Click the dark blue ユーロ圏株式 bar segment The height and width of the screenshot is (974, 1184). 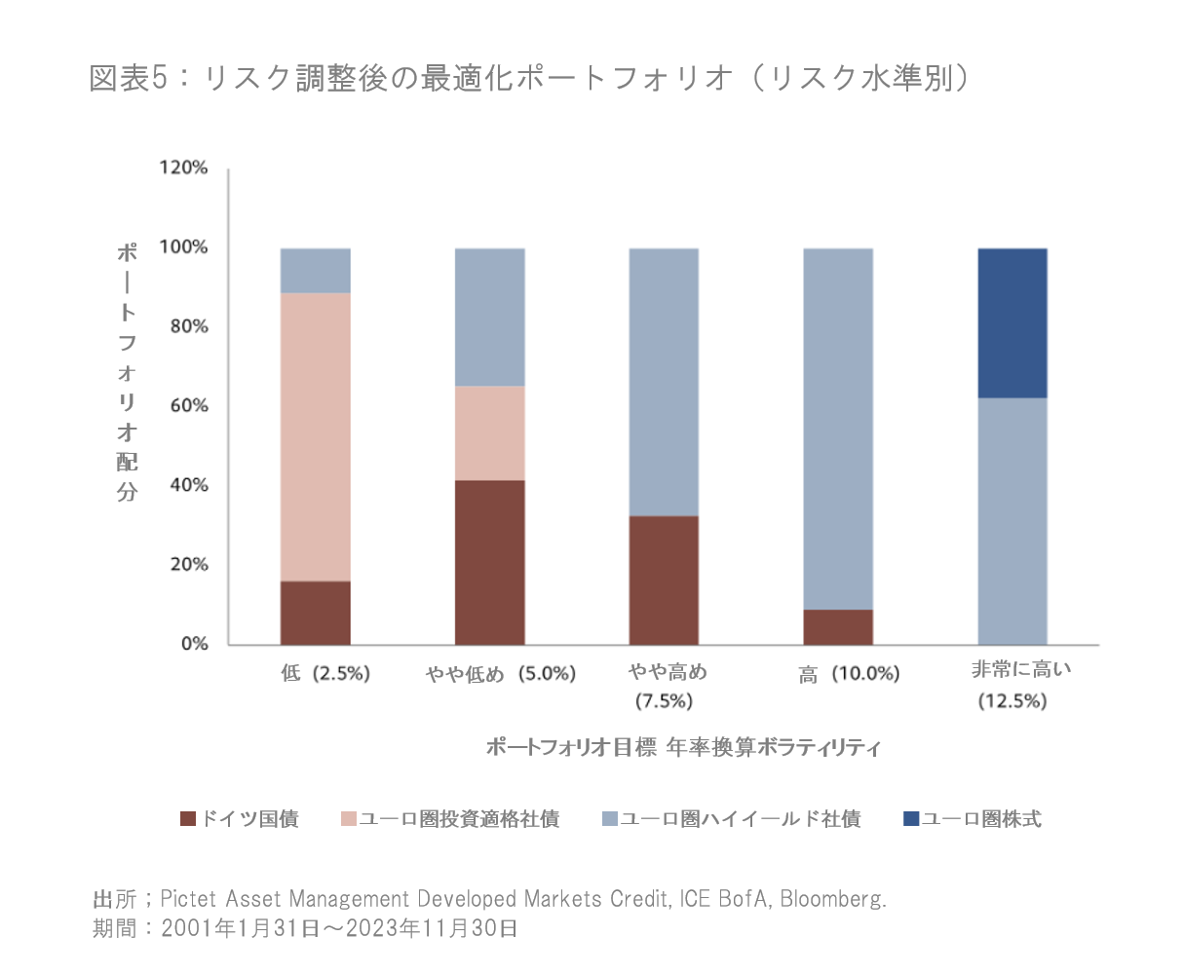coord(1012,322)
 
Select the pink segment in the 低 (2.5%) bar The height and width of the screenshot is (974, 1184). coord(315,436)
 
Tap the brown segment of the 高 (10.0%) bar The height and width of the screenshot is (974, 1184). coord(838,627)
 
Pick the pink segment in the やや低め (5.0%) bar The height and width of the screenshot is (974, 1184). coord(489,432)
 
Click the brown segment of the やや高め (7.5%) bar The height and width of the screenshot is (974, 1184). coord(664,580)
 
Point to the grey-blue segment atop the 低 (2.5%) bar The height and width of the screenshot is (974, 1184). coord(315,270)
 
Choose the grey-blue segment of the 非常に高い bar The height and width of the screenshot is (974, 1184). coord(1012,521)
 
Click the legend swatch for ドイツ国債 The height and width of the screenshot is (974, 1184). coord(188,819)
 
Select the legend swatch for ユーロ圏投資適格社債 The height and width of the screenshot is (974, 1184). coord(349,819)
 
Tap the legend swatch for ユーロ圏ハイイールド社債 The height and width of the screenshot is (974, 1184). coord(610,819)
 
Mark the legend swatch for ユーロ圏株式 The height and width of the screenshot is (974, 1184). coord(911,819)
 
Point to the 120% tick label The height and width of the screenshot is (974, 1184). coord(183,168)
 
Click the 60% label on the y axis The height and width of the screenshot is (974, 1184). coord(188,405)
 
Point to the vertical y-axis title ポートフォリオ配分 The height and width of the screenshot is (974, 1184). coord(128,371)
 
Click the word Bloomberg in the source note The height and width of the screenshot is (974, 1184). coord(832,898)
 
